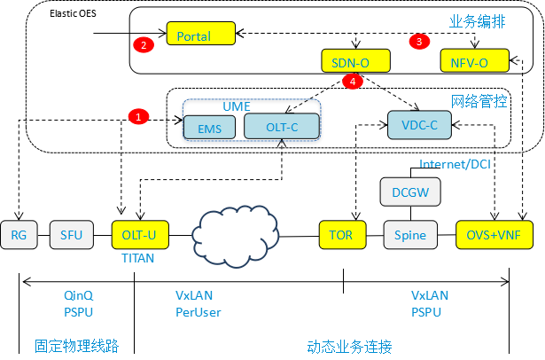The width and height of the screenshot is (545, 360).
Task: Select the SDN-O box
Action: pos(354,61)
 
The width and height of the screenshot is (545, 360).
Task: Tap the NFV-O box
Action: pos(475,61)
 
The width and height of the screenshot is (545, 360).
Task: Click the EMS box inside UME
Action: pos(210,128)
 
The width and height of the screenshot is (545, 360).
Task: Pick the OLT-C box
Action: pos(281,127)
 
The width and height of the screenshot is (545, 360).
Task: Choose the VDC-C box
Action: pos(419,125)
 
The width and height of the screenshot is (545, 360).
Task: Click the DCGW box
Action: pos(409,191)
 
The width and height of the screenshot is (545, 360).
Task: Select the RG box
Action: pos(19,235)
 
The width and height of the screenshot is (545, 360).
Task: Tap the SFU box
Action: pos(71,235)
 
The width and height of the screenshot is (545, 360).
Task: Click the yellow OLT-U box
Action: pos(139,235)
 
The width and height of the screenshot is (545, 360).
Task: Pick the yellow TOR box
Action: pos(341,235)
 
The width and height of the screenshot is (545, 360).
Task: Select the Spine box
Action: pos(410,235)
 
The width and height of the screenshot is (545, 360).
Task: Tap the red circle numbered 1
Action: pos(138,116)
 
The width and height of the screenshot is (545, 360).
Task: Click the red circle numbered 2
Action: pos(142,43)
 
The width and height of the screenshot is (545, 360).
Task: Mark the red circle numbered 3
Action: pos(418,41)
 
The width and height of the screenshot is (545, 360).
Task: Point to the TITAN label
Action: pos(138,258)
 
